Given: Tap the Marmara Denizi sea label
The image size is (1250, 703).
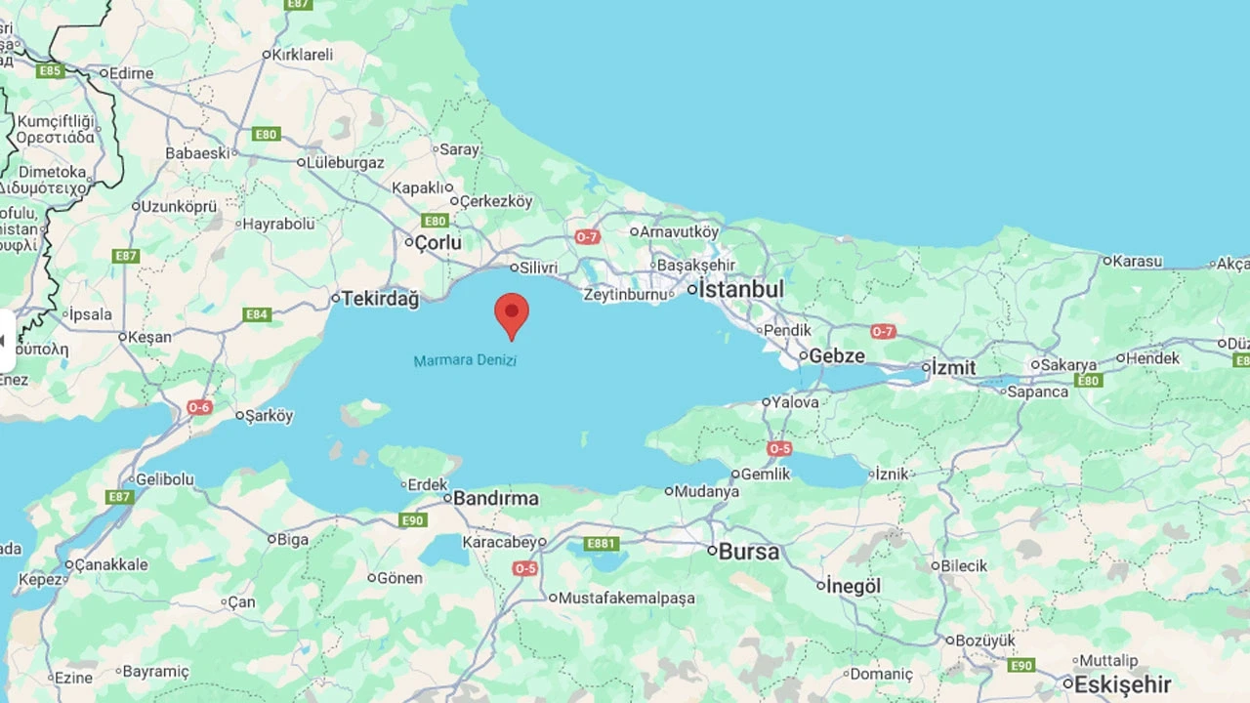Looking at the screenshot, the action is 465,360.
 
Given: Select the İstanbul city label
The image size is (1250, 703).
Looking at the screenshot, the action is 741,289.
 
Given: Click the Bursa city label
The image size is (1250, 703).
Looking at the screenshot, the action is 749,552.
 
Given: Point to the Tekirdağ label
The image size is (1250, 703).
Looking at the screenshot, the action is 380,299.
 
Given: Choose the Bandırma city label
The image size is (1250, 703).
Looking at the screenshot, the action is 496,498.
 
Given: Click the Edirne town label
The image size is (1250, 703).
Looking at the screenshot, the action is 132,73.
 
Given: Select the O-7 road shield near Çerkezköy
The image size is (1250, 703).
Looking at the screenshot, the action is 586,237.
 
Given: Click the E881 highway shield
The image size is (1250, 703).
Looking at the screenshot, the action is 601,544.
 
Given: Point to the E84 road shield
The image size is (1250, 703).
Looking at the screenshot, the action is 257,314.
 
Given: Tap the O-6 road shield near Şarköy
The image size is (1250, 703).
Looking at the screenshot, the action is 199,407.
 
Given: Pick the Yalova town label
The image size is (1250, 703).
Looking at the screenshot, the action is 795,401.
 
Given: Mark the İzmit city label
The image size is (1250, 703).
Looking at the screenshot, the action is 953,367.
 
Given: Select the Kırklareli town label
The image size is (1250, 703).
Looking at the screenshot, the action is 303,55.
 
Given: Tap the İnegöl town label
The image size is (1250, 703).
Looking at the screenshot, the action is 854,586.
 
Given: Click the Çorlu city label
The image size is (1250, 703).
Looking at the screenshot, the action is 437,242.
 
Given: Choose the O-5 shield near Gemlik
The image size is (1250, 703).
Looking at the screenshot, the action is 779,449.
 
